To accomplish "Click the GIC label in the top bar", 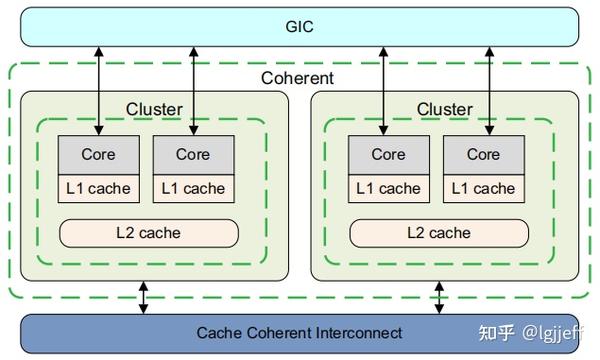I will pyautogui.click(x=299, y=26).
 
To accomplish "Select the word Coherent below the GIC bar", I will pyautogui.click(x=298, y=78).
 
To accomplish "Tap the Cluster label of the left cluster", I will pyautogui.click(x=154, y=108).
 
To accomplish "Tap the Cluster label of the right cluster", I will pyautogui.click(x=445, y=108).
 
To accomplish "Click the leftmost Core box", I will pyautogui.click(x=97, y=154).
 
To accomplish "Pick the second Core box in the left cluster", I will pyautogui.click(x=193, y=154).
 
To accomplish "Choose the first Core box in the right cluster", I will pyautogui.click(x=388, y=154).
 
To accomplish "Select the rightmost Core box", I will pyautogui.click(x=483, y=154).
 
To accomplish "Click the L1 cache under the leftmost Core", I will pyautogui.click(x=97, y=188).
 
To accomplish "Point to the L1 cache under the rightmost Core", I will pyautogui.click(x=483, y=188).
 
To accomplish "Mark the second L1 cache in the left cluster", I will pyautogui.click(x=193, y=188).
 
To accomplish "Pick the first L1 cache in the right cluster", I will pyautogui.click(x=388, y=188).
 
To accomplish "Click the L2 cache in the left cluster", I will pyautogui.click(x=149, y=233).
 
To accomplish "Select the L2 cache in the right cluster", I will pyautogui.click(x=438, y=233).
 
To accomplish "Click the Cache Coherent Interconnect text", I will pyautogui.click(x=299, y=332).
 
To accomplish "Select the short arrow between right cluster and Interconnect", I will pyautogui.click(x=438, y=297).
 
